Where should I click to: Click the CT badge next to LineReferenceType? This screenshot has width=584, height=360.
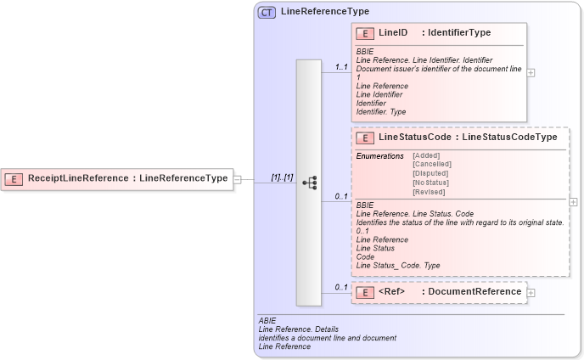pos(267,13)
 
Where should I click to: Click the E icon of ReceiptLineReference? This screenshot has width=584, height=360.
pos(14,178)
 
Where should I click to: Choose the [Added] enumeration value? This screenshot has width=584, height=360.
pos(426,155)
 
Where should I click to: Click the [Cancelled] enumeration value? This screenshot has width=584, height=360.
pos(431,164)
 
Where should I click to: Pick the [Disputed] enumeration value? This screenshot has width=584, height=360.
pos(430,173)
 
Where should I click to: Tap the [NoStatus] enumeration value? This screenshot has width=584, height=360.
pos(430,183)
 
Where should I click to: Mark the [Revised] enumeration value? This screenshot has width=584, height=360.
pos(428,192)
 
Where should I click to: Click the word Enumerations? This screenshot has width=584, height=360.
pos(380,155)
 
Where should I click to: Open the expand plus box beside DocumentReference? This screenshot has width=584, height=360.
pos(531,292)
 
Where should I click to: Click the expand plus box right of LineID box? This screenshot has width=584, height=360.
pos(531,73)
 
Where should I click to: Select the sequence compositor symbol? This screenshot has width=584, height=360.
pos(309,183)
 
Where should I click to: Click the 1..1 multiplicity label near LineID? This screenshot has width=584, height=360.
pos(342,66)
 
